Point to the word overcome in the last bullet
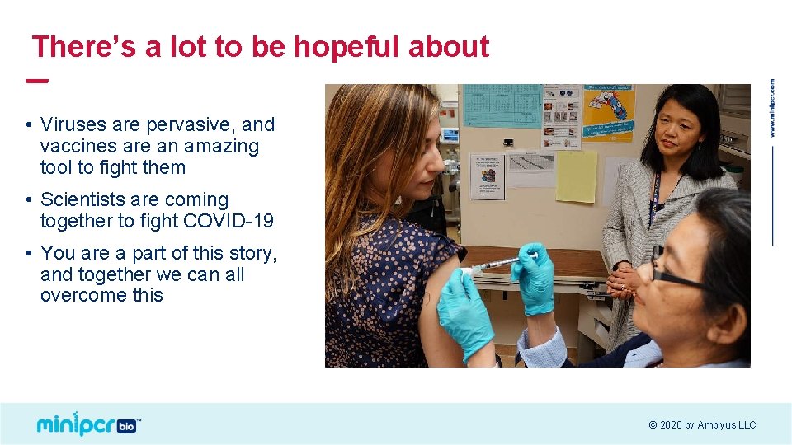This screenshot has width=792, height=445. (x=72, y=295)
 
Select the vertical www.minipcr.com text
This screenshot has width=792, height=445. (x=772, y=108)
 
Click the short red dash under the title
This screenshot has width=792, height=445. (x=36, y=81)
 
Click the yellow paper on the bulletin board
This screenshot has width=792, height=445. (x=576, y=176)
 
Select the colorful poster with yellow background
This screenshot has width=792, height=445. (x=609, y=113)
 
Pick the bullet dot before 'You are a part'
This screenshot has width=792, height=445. (x=27, y=253)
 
